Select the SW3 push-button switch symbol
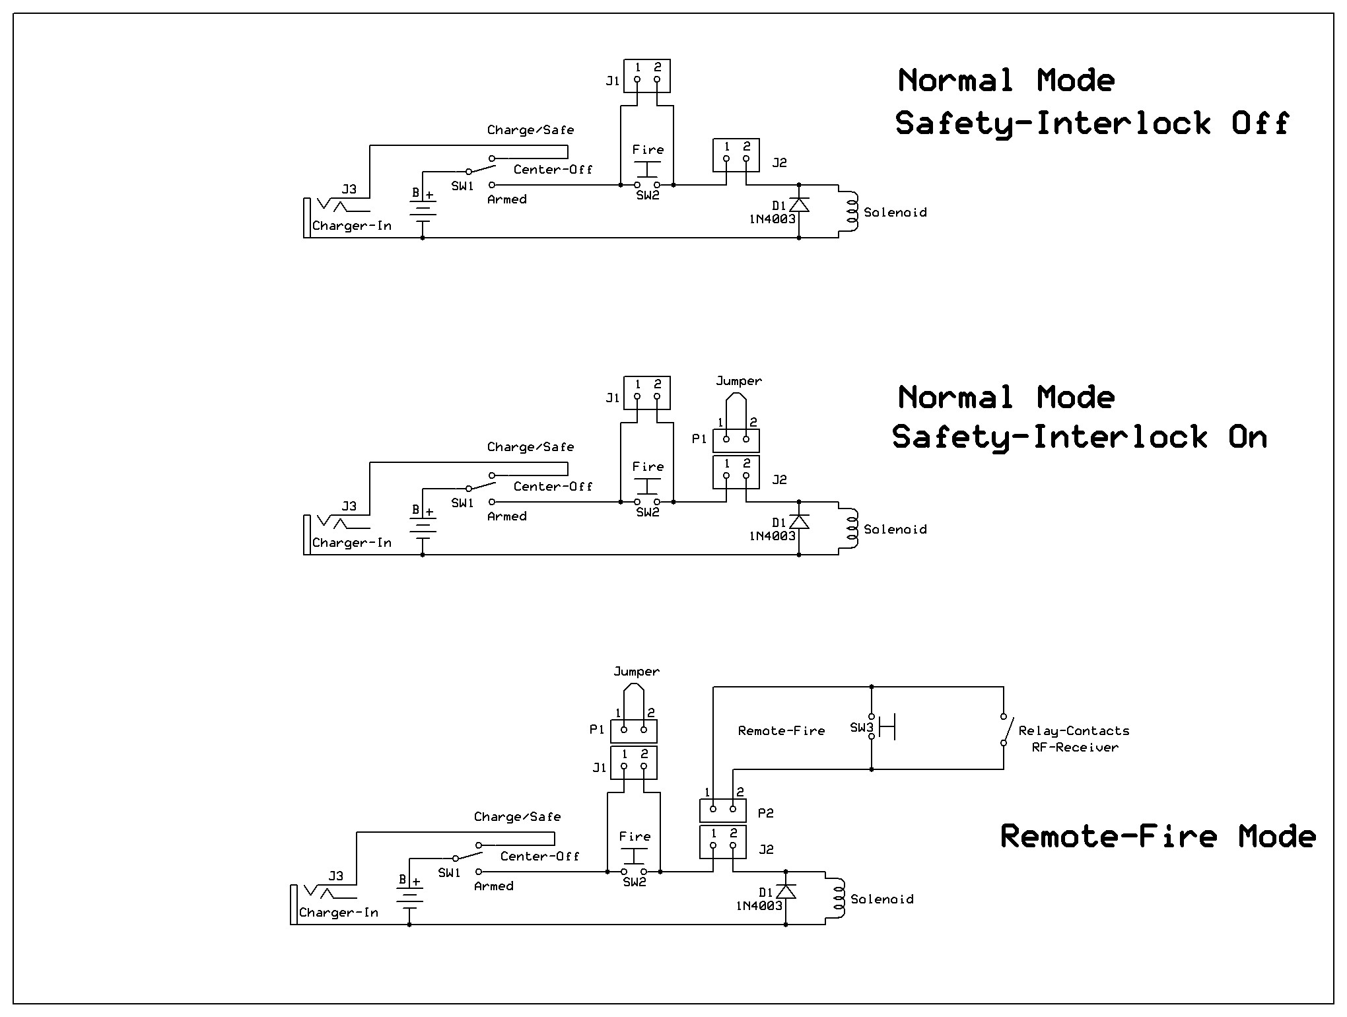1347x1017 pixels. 881,726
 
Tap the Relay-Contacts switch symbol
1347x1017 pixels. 1004,730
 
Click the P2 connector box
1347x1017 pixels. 723,810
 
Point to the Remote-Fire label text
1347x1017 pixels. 781,730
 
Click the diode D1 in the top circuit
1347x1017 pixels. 799,205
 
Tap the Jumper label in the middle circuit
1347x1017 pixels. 738,381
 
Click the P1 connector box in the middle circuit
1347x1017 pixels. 736,440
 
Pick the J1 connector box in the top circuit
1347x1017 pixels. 647,76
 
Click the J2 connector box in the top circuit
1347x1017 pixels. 736,155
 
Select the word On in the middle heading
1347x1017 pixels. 1247,437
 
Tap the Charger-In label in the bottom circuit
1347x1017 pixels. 338,913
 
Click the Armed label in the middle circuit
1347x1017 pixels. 506,516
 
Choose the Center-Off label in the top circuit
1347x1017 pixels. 553,170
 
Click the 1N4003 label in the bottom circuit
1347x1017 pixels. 759,906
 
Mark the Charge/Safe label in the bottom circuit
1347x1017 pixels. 517,817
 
